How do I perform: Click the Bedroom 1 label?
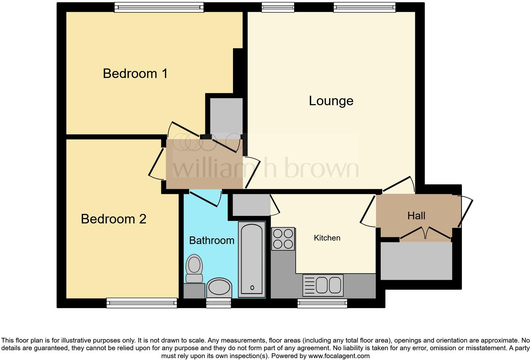[135, 74]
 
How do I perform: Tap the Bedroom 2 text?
[113, 219]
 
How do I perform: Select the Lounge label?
[331, 101]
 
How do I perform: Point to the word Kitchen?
[327, 238]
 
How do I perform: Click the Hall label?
[416, 216]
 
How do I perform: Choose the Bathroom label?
[211, 241]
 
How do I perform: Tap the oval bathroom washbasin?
[219, 288]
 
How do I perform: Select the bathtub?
[252, 259]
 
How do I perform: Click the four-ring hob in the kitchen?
[283, 239]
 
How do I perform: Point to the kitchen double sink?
[323, 285]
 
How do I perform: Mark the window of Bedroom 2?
[141, 303]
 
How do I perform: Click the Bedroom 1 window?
[159, 7]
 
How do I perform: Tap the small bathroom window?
[218, 303]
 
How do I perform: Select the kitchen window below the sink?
[322, 303]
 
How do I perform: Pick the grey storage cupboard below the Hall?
[416, 261]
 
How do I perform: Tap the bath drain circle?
[252, 288]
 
